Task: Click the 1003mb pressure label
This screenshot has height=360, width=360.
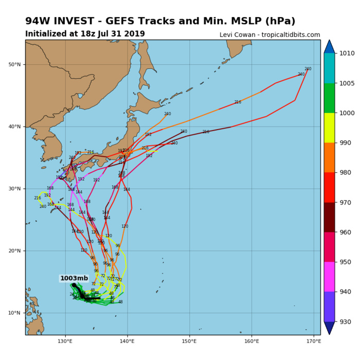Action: (74, 278)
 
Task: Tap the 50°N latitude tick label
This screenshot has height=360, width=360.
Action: (16, 65)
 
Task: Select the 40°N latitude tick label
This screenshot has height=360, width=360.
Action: (16, 127)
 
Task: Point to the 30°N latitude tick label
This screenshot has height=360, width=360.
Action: (16, 189)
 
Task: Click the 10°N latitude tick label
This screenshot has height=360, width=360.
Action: (16, 313)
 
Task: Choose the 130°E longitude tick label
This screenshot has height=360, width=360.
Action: (65, 340)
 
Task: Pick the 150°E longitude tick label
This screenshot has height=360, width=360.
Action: (189, 340)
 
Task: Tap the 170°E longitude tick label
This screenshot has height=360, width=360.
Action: (314, 340)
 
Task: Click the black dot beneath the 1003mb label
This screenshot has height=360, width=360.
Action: (74, 285)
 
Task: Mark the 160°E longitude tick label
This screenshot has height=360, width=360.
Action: (251, 340)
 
